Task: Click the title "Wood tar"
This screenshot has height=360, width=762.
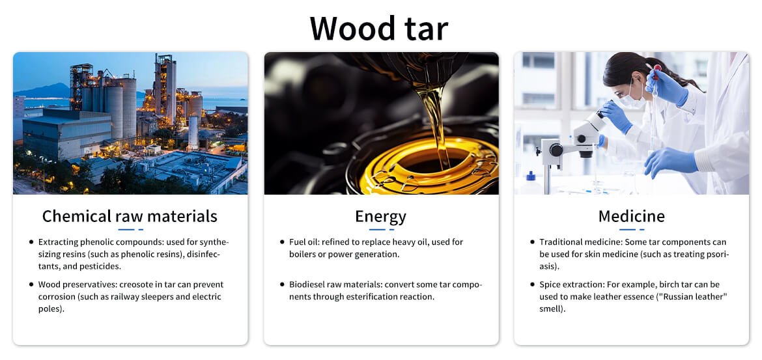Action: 378,28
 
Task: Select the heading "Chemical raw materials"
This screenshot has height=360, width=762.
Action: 130,216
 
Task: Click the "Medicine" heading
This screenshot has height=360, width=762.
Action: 631,216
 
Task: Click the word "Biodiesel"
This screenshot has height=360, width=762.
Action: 306,284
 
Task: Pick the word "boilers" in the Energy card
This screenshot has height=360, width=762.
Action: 302,254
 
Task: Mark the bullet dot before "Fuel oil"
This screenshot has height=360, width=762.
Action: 283,242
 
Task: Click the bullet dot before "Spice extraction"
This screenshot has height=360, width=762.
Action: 533,284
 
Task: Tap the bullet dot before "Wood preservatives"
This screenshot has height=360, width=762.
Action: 32,284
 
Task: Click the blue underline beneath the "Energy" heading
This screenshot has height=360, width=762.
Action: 380,229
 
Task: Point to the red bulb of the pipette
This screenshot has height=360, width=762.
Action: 658,68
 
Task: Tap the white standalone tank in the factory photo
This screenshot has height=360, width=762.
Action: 193,132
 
